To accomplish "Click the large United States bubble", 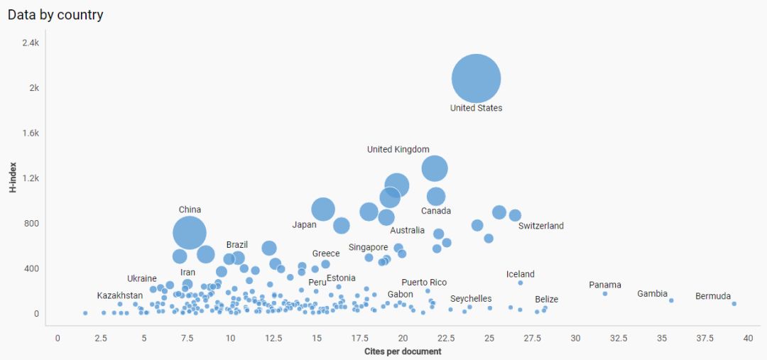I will click(476, 78).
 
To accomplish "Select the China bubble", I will click(190, 232).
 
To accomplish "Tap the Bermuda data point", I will click(734, 303).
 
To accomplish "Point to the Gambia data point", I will click(671, 300).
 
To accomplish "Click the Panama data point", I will click(605, 293).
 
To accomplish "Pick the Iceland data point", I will click(520, 283).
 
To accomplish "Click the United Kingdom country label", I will click(398, 149).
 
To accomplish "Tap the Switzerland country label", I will click(540, 226).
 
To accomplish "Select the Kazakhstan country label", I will click(119, 295).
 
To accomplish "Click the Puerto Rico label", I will click(424, 283).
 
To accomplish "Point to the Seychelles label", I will click(471, 299).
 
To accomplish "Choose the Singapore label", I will click(368, 247).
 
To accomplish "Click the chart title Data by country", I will click(55, 14).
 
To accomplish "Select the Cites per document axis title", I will click(403, 351).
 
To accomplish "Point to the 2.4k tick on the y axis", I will click(30, 43).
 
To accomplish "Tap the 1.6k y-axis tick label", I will click(30, 133).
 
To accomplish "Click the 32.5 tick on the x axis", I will click(619, 338).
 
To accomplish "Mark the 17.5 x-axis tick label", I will click(360, 338).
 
